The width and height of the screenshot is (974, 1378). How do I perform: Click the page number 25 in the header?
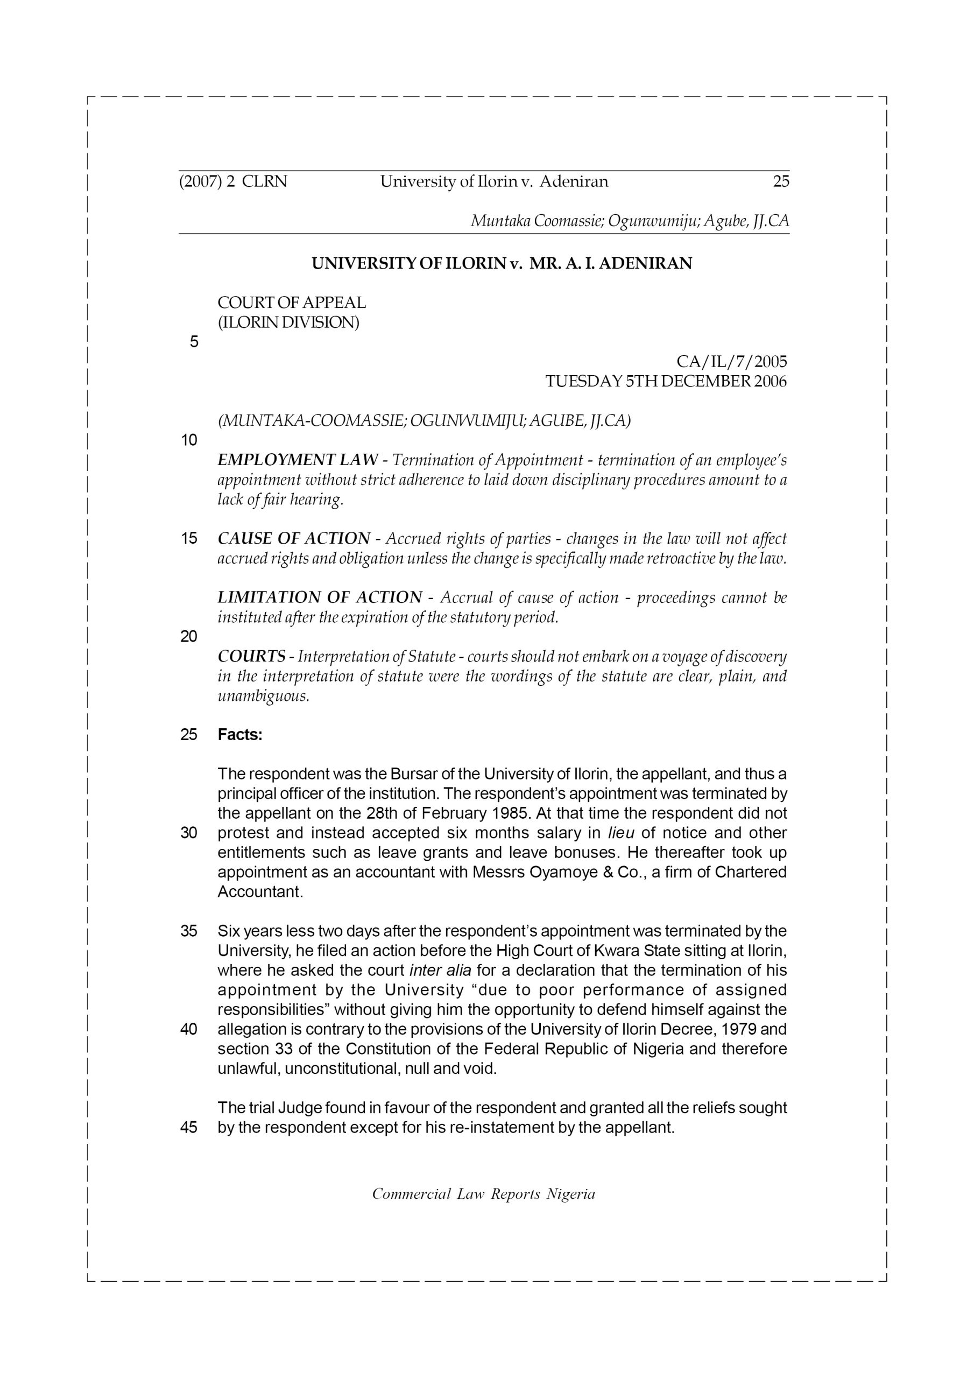[x=781, y=181]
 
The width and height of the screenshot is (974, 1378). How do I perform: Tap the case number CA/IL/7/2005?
[x=731, y=362]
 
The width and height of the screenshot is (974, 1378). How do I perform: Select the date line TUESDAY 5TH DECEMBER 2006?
[x=666, y=382]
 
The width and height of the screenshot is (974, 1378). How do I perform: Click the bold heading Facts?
[x=240, y=735]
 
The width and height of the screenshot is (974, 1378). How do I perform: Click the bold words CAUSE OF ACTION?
[x=294, y=538]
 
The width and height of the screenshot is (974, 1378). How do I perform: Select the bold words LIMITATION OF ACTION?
[x=320, y=598]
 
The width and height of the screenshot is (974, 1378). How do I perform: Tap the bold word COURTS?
[x=251, y=657]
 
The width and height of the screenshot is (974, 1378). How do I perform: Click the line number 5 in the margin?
[x=194, y=342]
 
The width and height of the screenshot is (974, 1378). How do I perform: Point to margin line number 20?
[x=189, y=637]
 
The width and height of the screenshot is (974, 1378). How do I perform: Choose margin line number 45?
[x=189, y=1128]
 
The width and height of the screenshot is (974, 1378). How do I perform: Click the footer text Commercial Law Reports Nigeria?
[x=484, y=1194]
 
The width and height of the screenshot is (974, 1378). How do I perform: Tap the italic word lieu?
[x=621, y=833]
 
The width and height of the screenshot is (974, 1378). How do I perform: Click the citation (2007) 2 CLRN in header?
[x=234, y=181]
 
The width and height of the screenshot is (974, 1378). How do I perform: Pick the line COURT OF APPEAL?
[x=292, y=303]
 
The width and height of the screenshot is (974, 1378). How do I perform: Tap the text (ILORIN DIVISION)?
[x=288, y=323]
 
